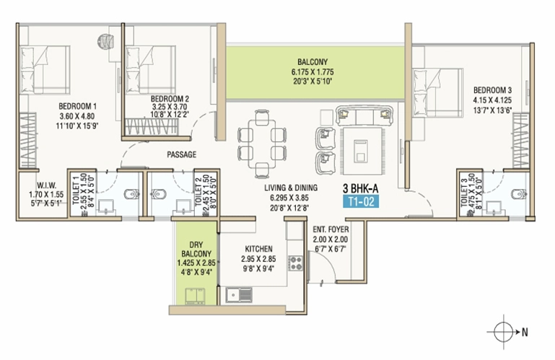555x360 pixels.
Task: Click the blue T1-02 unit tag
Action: click(x=361, y=201)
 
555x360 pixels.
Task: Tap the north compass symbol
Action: click(x=504, y=332)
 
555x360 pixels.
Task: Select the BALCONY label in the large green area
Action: click(x=313, y=61)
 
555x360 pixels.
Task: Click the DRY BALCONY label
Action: click(x=196, y=249)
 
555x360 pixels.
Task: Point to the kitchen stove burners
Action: click(x=296, y=263)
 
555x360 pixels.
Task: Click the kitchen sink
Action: click(x=239, y=295)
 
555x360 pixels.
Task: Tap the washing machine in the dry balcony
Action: click(x=195, y=296)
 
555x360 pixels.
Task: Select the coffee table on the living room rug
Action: click(x=361, y=151)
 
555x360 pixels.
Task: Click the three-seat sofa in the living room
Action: click(x=364, y=115)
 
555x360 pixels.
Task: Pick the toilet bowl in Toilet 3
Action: click(x=519, y=194)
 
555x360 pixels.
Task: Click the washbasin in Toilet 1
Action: click(x=105, y=207)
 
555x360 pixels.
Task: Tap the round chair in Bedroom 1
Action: click(x=106, y=40)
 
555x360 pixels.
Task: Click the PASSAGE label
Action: click(x=182, y=154)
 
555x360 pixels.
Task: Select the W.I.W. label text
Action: click(x=46, y=185)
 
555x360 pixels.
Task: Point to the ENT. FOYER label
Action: click(x=331, y=229)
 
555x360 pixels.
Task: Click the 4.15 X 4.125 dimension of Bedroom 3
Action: click(x=492, y=100)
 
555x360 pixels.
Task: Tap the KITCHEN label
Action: click(x=259, y=249)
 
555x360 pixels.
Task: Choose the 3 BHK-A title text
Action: click(x=360, y=188)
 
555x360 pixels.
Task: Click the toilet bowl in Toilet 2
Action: click(x=158, y=194)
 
